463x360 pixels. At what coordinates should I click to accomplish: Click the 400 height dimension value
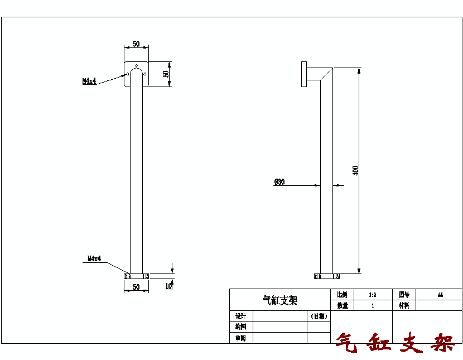click(355, 170)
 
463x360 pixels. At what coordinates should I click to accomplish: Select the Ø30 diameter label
click(279, 182)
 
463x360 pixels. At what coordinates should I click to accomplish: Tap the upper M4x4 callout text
click(89, 81)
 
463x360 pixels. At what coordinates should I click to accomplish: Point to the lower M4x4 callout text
click(94, 258)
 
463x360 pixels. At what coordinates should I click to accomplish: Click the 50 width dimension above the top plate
click(136, 44)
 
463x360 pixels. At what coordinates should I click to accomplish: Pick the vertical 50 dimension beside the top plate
click(166, 74)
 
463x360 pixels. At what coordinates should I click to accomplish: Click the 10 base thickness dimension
click(168, 286)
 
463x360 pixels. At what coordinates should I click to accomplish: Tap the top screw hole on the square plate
click(136, 65)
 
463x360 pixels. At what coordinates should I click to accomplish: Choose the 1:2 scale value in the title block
click(372, 294)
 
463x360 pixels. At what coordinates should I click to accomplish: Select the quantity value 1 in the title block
click(372, 305)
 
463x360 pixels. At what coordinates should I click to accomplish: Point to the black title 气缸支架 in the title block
click(280, 300)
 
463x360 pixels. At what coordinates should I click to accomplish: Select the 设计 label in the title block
click(240, 316)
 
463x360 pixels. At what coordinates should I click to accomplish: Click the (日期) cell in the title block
click(319, 316)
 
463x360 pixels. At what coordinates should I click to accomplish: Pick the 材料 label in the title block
click(404, 305)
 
